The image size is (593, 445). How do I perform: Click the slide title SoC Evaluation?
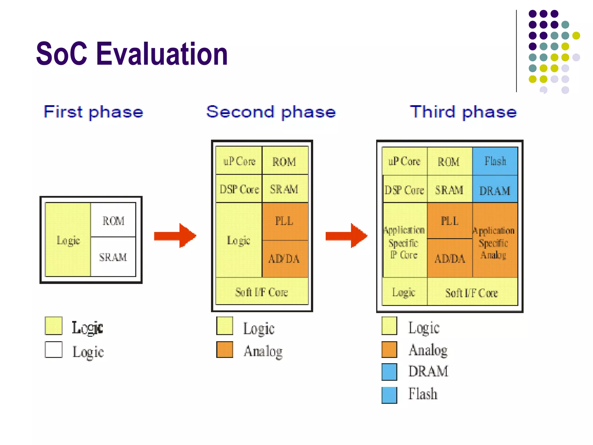click(x=132, y=54)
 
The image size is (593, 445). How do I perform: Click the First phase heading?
click(x=93, y=112)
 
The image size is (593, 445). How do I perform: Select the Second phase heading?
click(x=271, y=112)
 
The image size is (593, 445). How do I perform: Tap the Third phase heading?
click(x=463, y=112)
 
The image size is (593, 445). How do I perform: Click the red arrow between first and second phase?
click(x=175, y=236)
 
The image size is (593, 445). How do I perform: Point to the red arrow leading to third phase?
click(x=347, y=236)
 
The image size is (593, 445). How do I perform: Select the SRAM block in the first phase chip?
click(x=113, y=257)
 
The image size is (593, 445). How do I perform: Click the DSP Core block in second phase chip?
click(x=239, y=189)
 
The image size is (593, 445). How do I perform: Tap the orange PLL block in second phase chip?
click(x=285, y=221)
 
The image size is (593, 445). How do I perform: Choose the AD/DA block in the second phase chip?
click(x=285, y=259)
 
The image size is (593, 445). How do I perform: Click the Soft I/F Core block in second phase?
click(x=262, y=292)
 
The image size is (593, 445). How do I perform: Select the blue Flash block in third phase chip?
click(x=495, y=161)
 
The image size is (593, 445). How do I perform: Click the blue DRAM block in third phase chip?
click(x=495, y=190)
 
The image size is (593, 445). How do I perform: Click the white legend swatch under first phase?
click(x=54, y=349)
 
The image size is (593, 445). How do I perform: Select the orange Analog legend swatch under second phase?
click(x=225, y=349)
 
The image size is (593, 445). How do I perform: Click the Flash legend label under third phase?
click(x=423, y=394)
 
